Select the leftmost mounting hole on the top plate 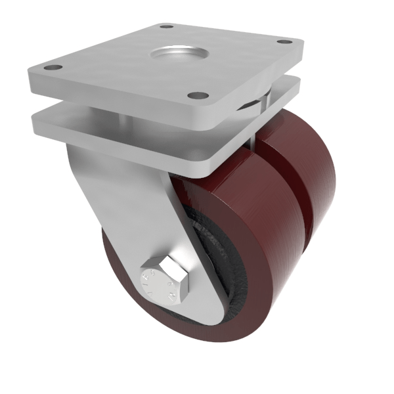click(x=55, y=67)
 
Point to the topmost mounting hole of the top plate click(x=167, y=27)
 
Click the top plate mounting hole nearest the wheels click(x=194, y=95)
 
